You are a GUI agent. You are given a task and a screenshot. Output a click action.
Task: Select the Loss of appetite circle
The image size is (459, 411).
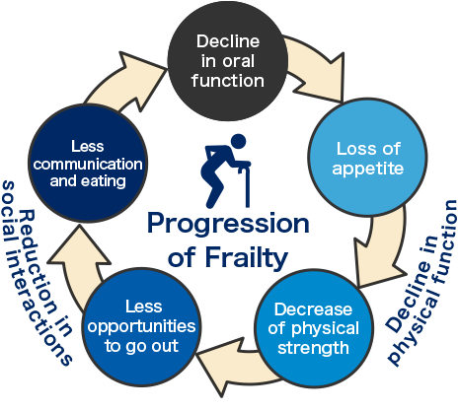[367, 158]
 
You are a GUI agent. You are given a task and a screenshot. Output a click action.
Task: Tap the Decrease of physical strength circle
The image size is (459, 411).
[314, 328]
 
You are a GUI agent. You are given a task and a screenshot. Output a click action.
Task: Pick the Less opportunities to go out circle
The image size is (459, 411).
[141, 327]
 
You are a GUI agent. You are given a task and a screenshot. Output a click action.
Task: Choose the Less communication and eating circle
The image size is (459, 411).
[88, 164]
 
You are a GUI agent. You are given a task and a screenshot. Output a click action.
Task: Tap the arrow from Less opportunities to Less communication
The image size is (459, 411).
[77, 263]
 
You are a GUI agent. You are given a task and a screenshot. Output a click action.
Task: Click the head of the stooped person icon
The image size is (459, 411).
[238, 142]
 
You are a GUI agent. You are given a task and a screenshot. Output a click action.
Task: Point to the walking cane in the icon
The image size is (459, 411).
[246, 185]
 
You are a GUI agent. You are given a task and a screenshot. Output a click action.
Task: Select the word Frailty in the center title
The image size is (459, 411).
[247, 258]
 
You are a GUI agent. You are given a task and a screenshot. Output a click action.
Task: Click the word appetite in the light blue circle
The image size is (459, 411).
[367, 170]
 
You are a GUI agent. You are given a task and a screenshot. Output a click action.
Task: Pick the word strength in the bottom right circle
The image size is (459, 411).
[313, 348]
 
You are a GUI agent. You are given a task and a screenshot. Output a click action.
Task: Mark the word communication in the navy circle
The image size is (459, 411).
[88, 164]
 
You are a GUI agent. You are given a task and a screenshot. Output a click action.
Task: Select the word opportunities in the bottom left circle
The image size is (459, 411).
[141, 327]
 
